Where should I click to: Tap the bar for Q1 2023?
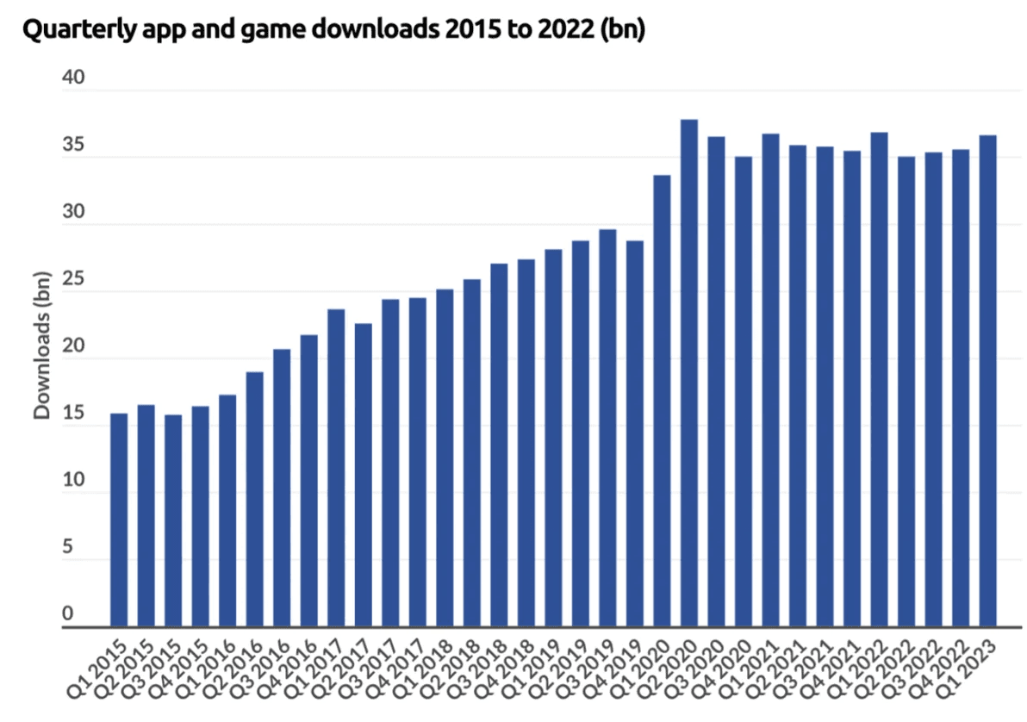pyautogui.click(x=988, y=380)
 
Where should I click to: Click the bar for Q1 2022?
pyautogui.click(x=880, y=379)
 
